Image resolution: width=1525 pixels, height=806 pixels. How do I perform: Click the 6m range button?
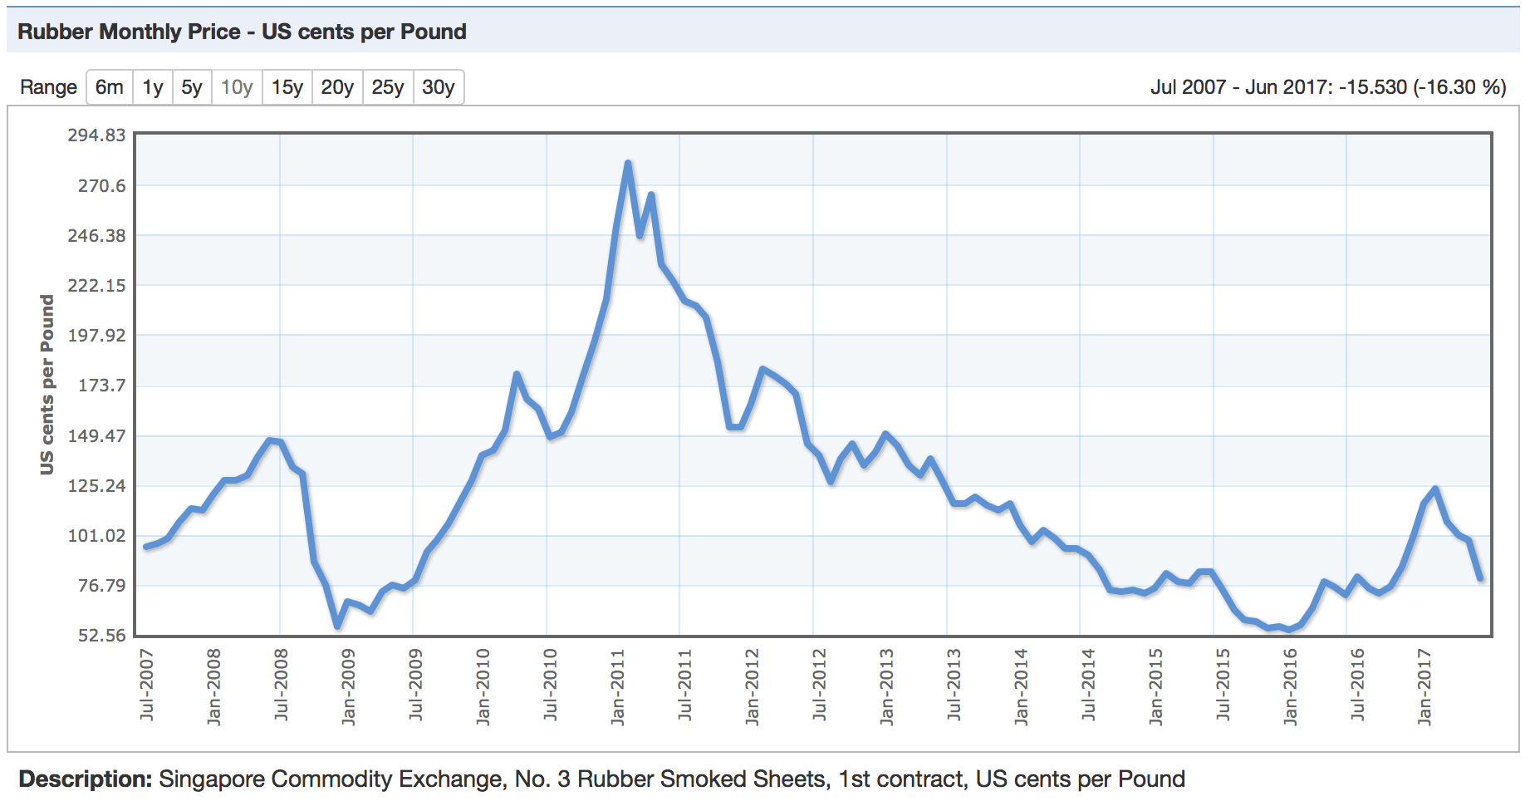(109, 87)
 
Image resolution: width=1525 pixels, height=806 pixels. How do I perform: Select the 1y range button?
(152, 87)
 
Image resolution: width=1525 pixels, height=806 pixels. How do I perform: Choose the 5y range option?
(192, 87)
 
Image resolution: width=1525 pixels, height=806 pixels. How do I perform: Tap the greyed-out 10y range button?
(237, 87)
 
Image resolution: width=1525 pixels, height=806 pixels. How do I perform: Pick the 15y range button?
(287, 87)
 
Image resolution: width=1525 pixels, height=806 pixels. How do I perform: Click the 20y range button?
(337, 87)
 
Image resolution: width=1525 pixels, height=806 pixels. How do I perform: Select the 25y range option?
(388, 87)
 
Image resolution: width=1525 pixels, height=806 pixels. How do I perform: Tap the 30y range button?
(439, 87)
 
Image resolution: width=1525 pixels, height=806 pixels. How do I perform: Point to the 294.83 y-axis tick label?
(96, 135)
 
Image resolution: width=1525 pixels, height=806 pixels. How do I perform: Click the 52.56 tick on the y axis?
(101, 636)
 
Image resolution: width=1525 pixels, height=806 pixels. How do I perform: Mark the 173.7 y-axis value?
(101, 386)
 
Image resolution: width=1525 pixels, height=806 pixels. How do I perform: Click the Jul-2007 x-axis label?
(147, 685)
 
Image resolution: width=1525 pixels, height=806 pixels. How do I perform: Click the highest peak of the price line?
(628, 163)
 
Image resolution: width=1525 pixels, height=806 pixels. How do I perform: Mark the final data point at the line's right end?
(1480, 578)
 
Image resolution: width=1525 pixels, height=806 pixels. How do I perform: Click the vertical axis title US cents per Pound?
(47, 385)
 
